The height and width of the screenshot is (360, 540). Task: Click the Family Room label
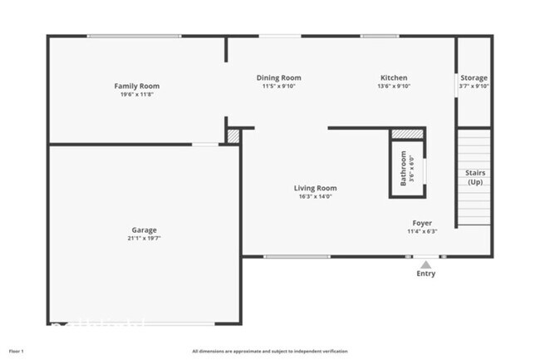point(136,86)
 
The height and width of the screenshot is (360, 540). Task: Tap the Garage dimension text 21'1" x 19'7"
point(143,239)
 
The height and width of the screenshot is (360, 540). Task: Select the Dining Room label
point(277,77)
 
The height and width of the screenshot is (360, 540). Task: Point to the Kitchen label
point(394,77)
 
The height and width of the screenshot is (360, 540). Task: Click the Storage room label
point(474,77)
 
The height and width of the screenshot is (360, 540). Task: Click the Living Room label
point(315,188)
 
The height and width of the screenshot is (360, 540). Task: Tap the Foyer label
point(422,223)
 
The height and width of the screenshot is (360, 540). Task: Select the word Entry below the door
point(425,274)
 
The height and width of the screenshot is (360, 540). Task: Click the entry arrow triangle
point(425,264)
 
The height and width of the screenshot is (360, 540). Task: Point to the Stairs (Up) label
point(475,177)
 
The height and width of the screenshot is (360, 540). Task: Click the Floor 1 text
point(17,351)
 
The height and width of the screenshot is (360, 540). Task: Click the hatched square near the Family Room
point(233,135)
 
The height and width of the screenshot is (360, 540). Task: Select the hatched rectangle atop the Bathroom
point(407,133)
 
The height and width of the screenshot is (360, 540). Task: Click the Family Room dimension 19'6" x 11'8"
point(136,94)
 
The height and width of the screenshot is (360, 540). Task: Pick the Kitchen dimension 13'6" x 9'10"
point(394,86)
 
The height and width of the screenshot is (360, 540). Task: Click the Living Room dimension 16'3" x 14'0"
point(315,196)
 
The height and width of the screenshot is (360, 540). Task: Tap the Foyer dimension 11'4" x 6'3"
point(422,231)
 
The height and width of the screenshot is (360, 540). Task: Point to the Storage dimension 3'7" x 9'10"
point(475,86)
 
